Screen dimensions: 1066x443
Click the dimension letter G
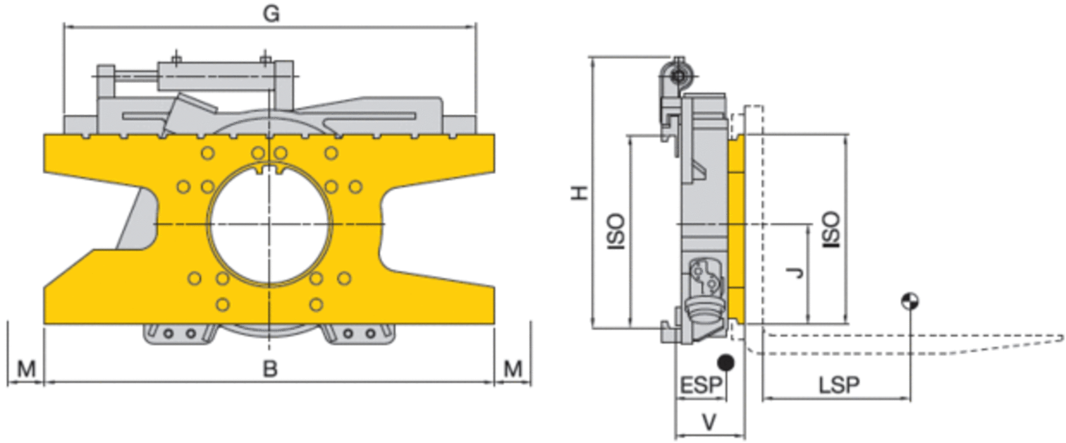[x=271, y=14]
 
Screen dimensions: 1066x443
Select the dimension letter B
[x=270, y=369]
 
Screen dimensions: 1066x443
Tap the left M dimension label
[x=27, y=369]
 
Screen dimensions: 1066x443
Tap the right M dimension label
[x=513, y=369]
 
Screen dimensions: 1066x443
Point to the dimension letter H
[x=579, y=193]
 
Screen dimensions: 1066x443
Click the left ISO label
[x=616, y=232]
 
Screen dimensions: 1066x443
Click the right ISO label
[x=831, y=229]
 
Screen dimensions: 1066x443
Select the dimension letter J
[x=795, y=272]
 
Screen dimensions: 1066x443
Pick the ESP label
[x=701, y=385]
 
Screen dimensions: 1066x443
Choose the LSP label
[x=839, y=385]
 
